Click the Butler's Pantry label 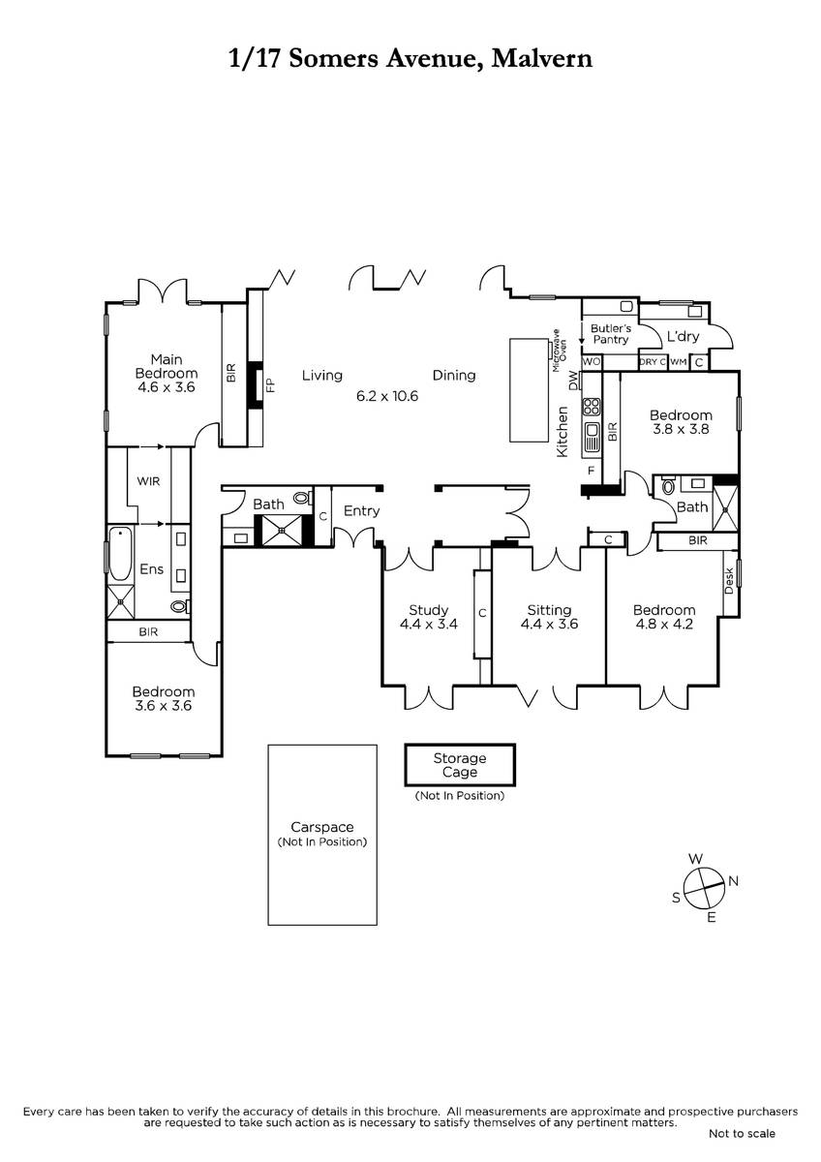611,333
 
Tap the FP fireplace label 270,384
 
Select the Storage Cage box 460,765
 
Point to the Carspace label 322,827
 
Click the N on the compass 733,881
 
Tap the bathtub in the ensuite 120,554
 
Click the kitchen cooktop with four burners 592,406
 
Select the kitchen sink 592,437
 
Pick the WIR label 148,481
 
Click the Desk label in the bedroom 729,581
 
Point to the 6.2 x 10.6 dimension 387,396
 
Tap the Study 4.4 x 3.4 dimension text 428,624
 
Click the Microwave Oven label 560,351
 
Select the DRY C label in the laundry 653,361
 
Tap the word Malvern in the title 541,58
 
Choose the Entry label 361,511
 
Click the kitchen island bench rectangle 529,390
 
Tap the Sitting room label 549,610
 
